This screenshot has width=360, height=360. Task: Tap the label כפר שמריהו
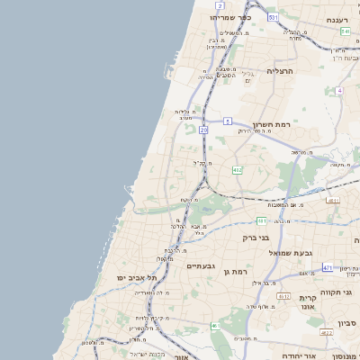(230, 17)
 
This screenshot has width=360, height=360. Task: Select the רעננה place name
(337, 19)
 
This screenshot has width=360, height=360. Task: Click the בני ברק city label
(257, 238)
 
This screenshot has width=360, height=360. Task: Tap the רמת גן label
(236, 271)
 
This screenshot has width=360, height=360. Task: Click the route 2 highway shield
(220, 5)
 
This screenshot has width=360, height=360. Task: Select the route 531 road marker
(273, 17)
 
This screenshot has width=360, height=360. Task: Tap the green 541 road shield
(345, 31)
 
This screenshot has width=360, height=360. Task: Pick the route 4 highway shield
(338, 91)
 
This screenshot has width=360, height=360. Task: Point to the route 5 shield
(229, 121)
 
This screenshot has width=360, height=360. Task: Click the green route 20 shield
(204, 130)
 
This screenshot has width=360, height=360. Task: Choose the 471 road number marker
(327, 267)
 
